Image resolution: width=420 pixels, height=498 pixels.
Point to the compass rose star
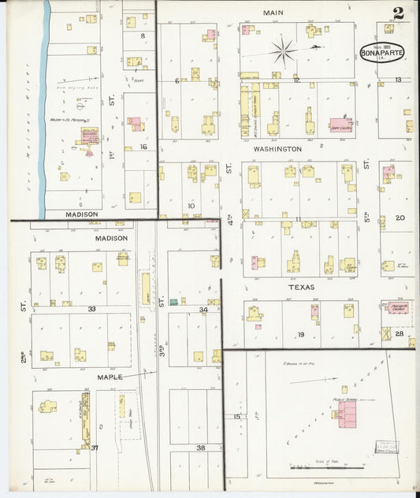point(283,52)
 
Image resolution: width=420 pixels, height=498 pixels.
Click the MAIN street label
point(273,13)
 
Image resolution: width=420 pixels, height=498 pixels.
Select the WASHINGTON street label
point(277,148)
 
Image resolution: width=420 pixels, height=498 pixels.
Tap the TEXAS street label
point(300,288)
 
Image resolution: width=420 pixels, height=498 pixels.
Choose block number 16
point(143,147)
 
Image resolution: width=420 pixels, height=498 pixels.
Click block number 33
point(92,309)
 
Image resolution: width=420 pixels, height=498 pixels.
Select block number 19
point(301,336)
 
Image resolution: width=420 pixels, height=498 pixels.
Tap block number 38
point(200,448)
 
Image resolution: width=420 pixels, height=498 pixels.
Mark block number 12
point(296,80)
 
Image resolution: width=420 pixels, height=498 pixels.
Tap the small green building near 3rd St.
point(173,301)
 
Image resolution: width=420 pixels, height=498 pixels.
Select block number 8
point(143,36)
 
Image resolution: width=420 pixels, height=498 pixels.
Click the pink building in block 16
point(134,124)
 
